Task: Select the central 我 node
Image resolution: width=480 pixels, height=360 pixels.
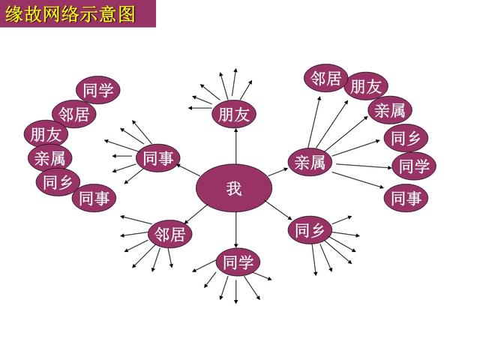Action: tap(234, 187)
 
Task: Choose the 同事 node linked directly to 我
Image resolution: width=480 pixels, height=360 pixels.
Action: tap(158, 158)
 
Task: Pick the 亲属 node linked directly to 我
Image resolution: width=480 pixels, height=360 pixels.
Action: tap(310, 162)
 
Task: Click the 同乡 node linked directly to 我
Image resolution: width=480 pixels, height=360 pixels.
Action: tap(310, 229)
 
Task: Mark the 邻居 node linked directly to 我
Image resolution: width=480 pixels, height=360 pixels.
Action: tap(170, 235)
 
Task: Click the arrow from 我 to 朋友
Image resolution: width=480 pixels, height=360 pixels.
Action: tap(234, 146)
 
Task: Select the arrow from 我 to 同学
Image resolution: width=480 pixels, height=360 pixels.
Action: tap(235, 229)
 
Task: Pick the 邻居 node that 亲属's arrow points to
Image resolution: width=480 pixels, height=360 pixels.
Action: tap(325, 78)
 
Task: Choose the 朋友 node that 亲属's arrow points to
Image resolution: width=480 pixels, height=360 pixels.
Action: tap(366, 85)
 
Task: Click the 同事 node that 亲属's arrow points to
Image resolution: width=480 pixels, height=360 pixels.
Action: tap(406, 199)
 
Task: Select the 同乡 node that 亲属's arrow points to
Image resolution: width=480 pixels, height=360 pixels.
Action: tap(406, 138)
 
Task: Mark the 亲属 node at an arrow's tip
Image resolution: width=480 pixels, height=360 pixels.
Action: tap(389, 111)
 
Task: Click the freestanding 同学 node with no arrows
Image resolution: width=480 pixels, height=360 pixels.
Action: tap(98, 91)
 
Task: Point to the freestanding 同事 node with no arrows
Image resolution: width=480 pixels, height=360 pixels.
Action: tap(94, 198)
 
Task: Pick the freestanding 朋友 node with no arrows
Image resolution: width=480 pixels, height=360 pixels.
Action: tap(46, 135)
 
